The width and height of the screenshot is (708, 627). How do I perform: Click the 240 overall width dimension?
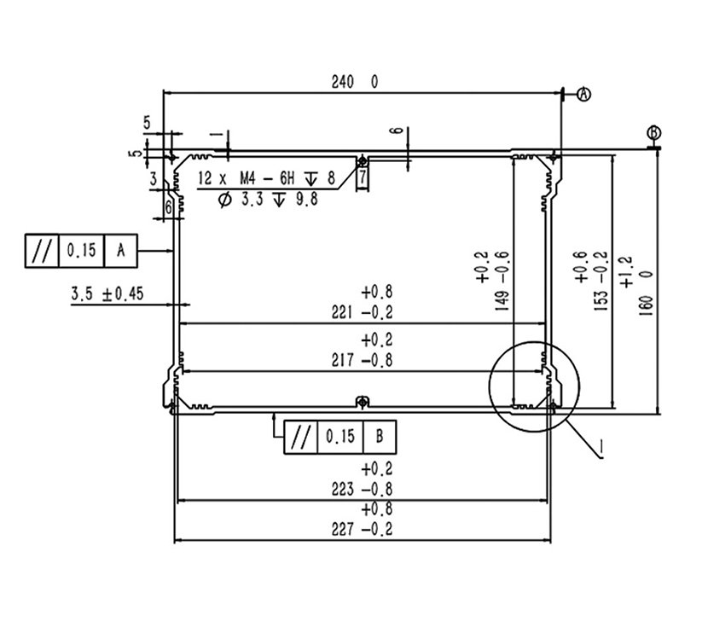click(x=343, y=82)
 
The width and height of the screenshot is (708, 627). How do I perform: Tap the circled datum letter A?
click(x=583, y=94)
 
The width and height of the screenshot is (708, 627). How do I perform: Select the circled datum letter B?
click(x=653, y=132)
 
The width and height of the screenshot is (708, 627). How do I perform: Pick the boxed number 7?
click(x=362, y=177)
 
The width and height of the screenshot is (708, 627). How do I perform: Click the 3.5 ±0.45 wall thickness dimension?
click(x=107, y=294)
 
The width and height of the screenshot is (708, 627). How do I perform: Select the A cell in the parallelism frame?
click(x=120, y=250)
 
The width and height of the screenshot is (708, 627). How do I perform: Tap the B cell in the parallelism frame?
click(x=380, y=437)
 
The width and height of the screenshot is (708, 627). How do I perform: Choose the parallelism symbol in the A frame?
click(x=40, y=250)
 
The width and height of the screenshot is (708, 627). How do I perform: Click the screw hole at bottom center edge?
click(x=362, y=401)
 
